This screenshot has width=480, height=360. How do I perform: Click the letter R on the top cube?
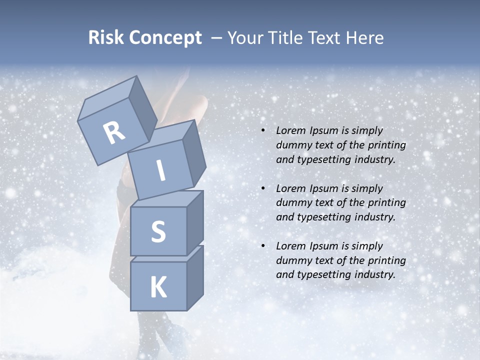click(x=114, y=133)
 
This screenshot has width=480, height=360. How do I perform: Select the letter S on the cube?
click(x=158, y=231)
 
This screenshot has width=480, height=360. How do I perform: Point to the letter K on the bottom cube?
click(x=158, y=287)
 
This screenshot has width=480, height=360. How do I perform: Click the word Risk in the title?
click(x=106, y=38)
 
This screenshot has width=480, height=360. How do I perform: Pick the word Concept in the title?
click(x=165, y=38)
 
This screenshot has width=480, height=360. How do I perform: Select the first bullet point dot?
click(x=263, y=131)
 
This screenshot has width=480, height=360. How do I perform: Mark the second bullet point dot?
click(x=263, y=188)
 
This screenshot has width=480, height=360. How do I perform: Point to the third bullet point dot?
click(x=263, y=246)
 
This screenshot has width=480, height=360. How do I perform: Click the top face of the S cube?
click(x=167, y=199)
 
